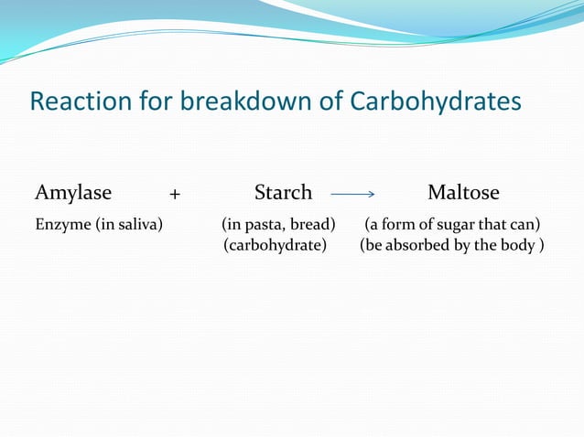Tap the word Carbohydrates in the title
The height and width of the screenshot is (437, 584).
pyautogui.click(x=436, y=101)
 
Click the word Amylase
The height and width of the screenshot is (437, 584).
pyautogui.click(x=73, y=193)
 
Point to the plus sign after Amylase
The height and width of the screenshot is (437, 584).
pyautogui.click(x=175, y=194)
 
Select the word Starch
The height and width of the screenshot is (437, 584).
pyautogui.click(x=283, y=193)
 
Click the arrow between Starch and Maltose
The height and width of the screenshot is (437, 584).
pyautogui.click(x=352, y=194)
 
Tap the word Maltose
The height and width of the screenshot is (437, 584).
pyautogui.click(x=463, y=193)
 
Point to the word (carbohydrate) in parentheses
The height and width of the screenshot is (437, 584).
pyautogui.click(x=276, y=245)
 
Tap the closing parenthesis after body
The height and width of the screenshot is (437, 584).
pyautogui.click(x=541, y=245)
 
